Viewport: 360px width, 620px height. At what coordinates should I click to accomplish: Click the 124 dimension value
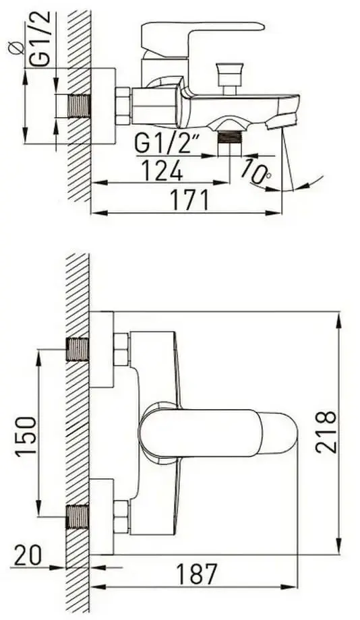click(162, 170)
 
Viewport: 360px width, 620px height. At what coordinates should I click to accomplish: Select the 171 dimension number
click(189, 200)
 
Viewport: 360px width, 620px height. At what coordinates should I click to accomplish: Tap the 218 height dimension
click(327, 432)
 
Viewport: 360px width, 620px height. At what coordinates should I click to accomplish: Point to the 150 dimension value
click(26, 437)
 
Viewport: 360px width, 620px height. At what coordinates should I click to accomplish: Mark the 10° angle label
click(256, 171)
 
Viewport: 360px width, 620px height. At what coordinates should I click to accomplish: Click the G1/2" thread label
click(166, 143)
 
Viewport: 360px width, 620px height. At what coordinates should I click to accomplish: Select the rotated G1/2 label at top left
click(40, 38)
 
